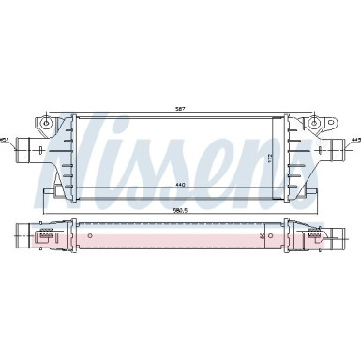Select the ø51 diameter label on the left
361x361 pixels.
tap(8, 141)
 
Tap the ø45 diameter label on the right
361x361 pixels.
tap(354, 141)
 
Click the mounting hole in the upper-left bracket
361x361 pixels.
tap(46, 121)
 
